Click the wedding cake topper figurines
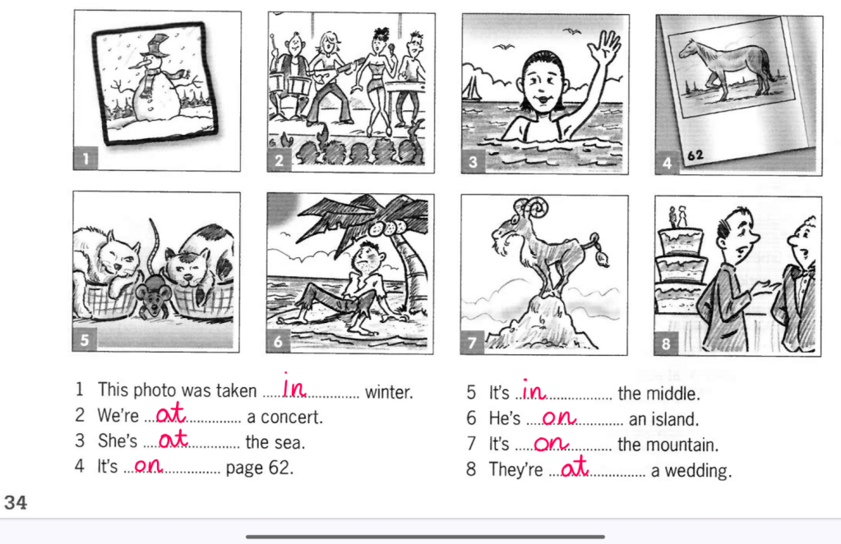tap(677, 217)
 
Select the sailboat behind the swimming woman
tap(473, 88)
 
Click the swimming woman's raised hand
tap(605, 48)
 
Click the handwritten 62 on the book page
tap(695, 155)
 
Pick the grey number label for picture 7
tap(473, 342)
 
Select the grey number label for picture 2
tap(279, 161)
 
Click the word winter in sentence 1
tap(389, 392)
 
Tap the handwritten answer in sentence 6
tap(558, 417)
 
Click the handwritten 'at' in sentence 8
tap(575, 468)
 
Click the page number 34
tap(15, 502)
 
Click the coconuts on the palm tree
tap(387, 228)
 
